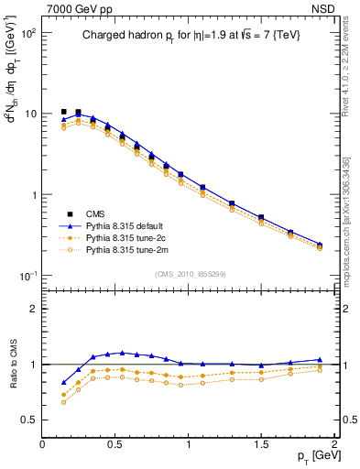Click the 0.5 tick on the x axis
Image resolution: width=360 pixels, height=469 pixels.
click(115, 443)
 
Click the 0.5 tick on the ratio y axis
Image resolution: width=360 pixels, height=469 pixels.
click(31, 420)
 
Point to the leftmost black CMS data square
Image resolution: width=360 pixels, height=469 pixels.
click(63, 112)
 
